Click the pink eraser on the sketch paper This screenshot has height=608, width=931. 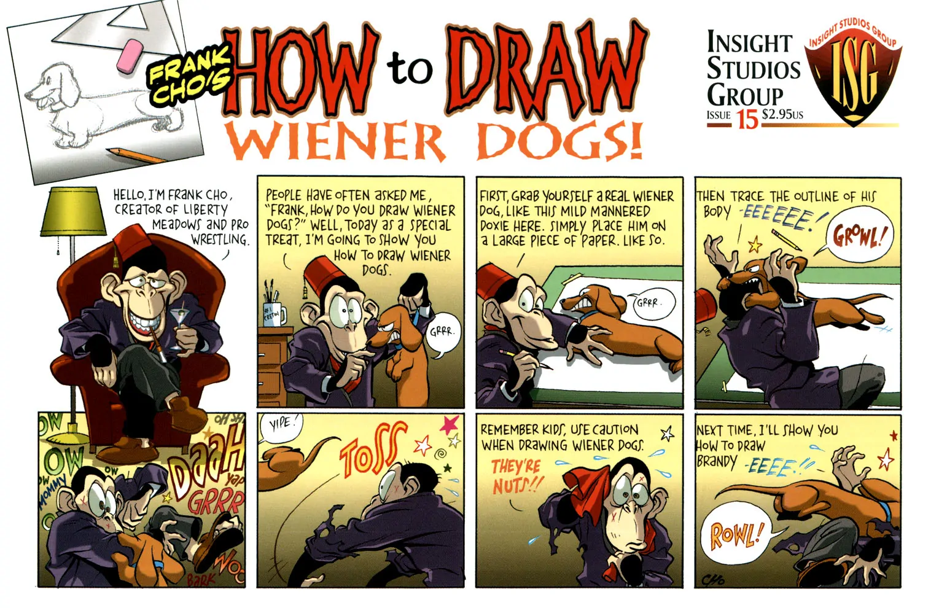click(x=131, y=57)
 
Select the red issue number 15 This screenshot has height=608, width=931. click(x=748, y=120)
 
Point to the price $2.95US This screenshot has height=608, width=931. click(x=782, y=114)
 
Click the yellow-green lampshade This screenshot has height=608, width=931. click(x=73, y=211)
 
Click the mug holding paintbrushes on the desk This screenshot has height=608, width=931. click(x=275, y=314)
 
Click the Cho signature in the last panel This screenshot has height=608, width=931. click(x=712, y=579)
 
